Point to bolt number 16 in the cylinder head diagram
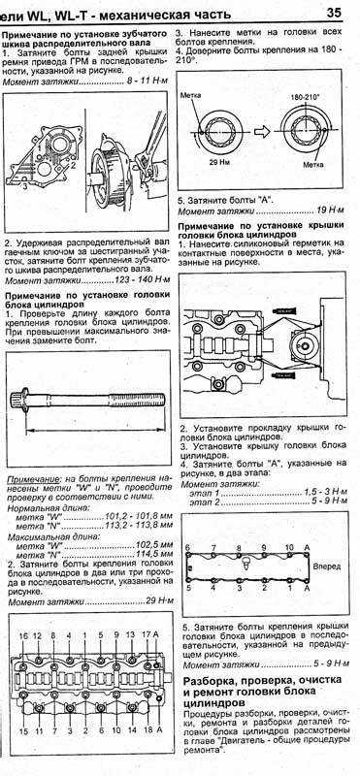(23, 635)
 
